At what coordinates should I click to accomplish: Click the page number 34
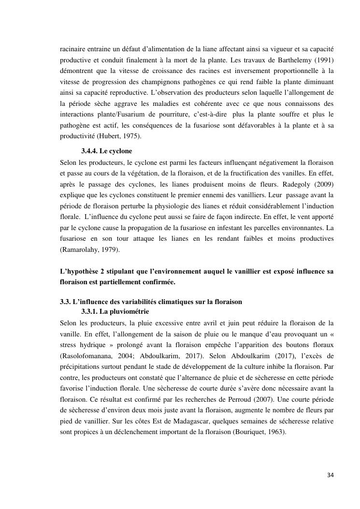coord(330,475)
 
